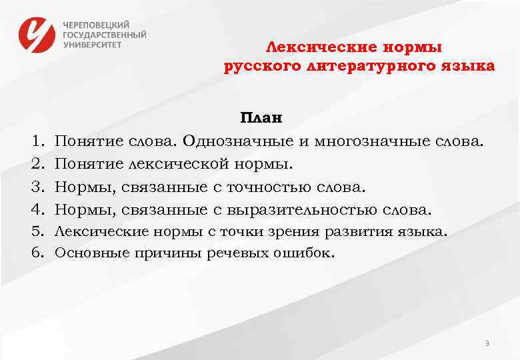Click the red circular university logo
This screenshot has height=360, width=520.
click(x=38, y=35)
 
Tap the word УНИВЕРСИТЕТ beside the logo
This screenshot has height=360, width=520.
click(x=93, y=45)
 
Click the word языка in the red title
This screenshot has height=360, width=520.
click(x=467, y=67)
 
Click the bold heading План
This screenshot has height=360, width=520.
click(x=261, y=119)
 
